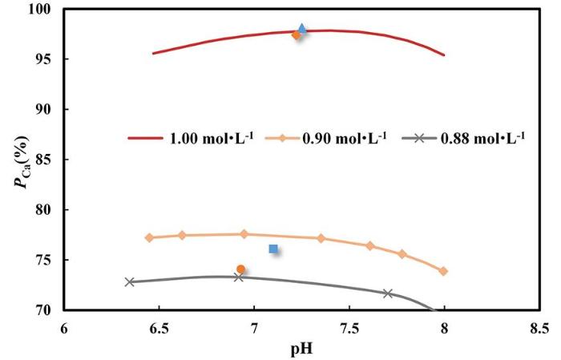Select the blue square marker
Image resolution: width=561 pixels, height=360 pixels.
273,249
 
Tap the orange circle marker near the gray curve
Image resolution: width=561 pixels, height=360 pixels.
240,269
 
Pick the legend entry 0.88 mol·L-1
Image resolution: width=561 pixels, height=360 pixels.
486,137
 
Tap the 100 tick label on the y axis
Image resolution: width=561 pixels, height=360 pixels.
39,9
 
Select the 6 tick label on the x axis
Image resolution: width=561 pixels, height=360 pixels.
64,328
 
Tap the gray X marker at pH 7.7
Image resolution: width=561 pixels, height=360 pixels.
387,293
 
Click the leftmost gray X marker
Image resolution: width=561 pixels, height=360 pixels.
130,282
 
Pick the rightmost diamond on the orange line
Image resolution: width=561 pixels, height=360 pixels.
443,271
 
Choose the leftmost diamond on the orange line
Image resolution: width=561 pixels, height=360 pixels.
149,237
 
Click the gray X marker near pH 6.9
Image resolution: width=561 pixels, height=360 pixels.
238,277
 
